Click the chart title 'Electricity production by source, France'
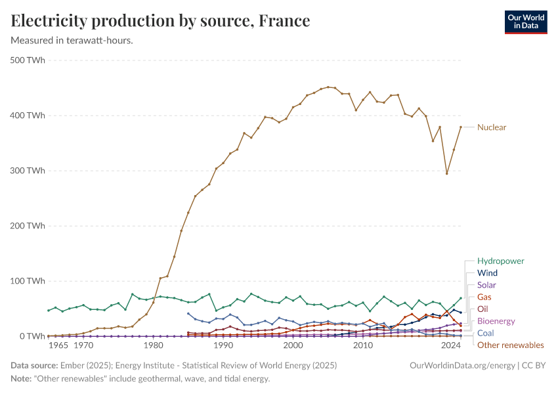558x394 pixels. [160, 21]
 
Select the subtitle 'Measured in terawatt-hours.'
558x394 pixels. [72, 41]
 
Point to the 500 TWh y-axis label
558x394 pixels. [28, 60]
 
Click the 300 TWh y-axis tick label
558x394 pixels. [28, 171]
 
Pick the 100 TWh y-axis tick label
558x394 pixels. [28, 281]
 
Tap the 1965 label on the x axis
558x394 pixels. [58, 345]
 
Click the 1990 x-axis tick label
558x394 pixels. [223, 345]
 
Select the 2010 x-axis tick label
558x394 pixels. [363, 345]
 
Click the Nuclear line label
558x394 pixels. [492, 127]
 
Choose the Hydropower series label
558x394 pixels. [500, 261]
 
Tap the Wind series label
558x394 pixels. [487, 273]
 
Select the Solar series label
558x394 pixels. [486, 285]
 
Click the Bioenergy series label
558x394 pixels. [496, 321]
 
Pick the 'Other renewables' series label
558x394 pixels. [510, 345]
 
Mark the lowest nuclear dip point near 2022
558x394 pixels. [447, 173]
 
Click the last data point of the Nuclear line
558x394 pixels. [461, 127]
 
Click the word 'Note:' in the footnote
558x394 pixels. [22, 379]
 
